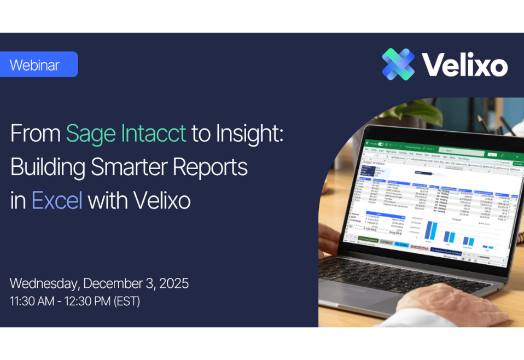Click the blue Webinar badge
point(38,65)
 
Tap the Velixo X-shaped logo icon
point(398,64)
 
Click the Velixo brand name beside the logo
point(464,65)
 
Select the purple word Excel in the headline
point(57,201)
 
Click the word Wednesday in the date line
point(44,283)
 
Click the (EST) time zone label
point(126,301)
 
